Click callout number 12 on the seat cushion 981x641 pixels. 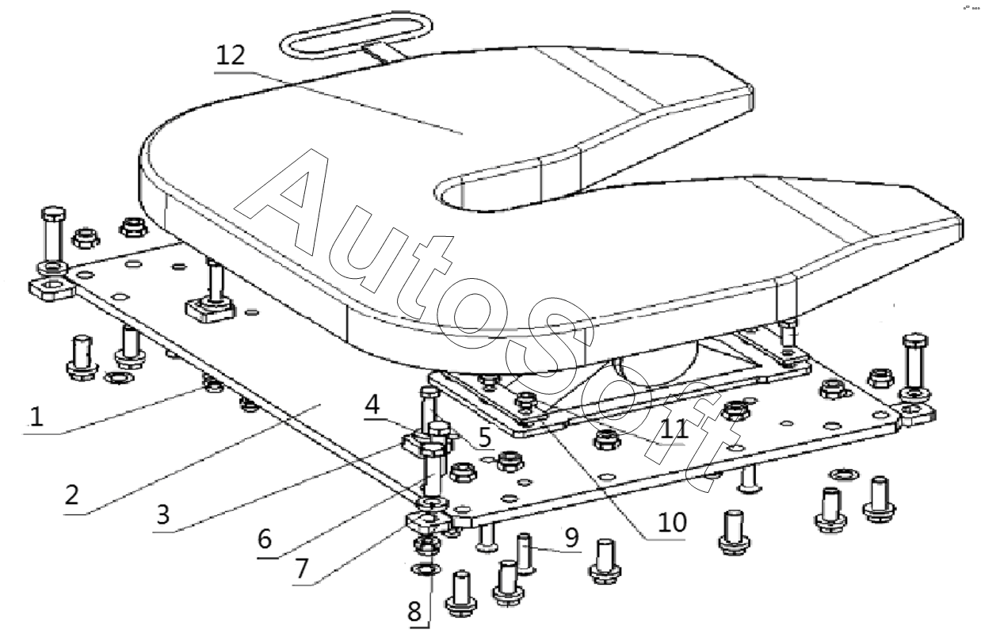pos(231,55)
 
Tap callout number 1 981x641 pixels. pos(36,417)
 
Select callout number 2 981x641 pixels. pos(72,494)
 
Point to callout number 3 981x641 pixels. pos(163,514)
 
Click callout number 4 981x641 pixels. pos(372,405)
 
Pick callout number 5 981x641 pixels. pos(484,437)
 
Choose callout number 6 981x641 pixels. pos(265,539)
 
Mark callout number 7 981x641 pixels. pos(301,569)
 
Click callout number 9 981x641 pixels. pos(572,537)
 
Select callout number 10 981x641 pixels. pos(673,522)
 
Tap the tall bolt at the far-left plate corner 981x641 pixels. pos(53,238)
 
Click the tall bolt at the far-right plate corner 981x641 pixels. pos(915,365)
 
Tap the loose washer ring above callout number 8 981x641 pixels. pos(426,570)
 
